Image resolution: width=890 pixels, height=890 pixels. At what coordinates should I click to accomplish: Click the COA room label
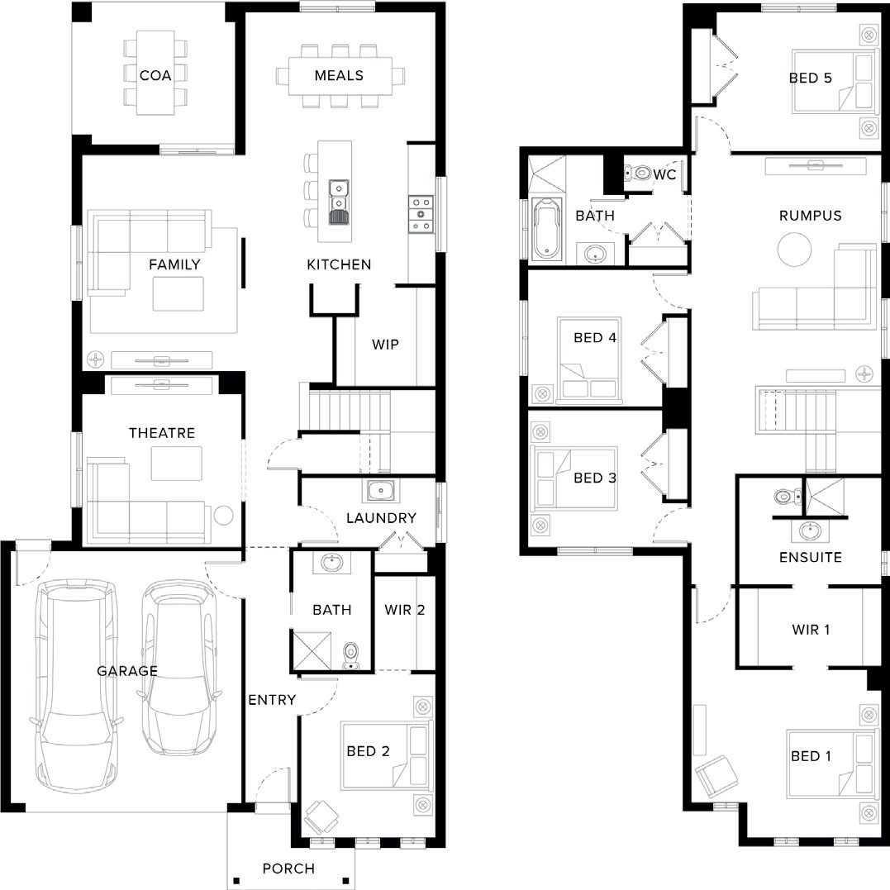tap(155, 75)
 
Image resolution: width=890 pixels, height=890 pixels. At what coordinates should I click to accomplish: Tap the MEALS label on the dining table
tap(339, 75)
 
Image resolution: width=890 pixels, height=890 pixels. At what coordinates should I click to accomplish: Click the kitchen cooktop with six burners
tap(421, 214)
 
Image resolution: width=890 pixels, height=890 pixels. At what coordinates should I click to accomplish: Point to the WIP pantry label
tap(385, 344)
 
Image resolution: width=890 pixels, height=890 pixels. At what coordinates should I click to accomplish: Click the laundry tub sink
tap(381, 490)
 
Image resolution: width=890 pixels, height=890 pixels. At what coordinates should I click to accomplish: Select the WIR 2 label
tap(405, 610)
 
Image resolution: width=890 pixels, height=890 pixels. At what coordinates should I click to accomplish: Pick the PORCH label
tap(288, 869)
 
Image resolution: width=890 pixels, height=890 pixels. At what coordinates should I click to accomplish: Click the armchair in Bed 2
tap(321, 816)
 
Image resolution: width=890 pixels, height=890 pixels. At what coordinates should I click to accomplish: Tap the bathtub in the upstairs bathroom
tap(549, 228)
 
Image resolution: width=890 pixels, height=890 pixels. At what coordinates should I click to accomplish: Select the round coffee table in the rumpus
tap(795, 250)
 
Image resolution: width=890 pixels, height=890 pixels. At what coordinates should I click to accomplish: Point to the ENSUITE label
tap(810, 557)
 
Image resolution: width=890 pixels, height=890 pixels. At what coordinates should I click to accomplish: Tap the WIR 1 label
tap(811, 630)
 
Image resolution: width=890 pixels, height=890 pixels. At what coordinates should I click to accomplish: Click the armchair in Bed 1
tap(716, 776)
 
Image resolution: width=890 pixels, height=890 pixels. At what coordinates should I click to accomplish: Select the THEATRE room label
tap(162, 433)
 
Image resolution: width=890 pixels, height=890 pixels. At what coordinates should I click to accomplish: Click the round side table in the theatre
tap(223, 516)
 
